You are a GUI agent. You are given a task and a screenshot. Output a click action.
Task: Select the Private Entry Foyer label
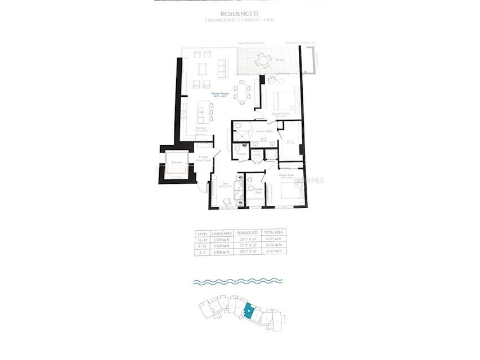(204, 159)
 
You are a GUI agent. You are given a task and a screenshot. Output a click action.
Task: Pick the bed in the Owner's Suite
(284, 101)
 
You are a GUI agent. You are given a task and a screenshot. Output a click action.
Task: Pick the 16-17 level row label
(201, 239)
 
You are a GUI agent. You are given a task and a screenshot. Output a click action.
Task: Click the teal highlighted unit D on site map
(248, 310)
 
